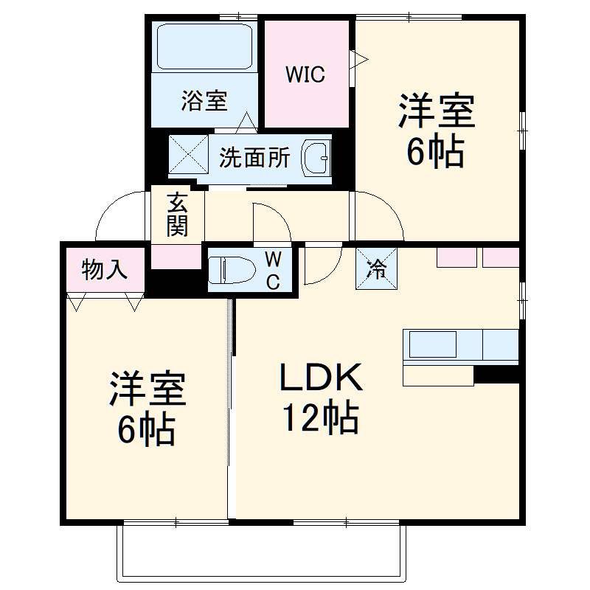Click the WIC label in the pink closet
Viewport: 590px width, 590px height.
[305, 75]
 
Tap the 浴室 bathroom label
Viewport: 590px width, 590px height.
[204, 100]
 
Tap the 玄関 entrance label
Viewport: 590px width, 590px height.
[177, 214]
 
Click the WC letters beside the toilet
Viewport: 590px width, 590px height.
[273, 270]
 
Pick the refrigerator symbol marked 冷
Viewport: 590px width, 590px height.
[377, 269]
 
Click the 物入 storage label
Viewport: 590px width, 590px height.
[103, 271]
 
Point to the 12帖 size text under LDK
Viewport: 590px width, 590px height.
[320, 419]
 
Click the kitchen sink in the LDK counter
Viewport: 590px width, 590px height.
[433, 344]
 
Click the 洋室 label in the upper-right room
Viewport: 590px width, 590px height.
[437, 113]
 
